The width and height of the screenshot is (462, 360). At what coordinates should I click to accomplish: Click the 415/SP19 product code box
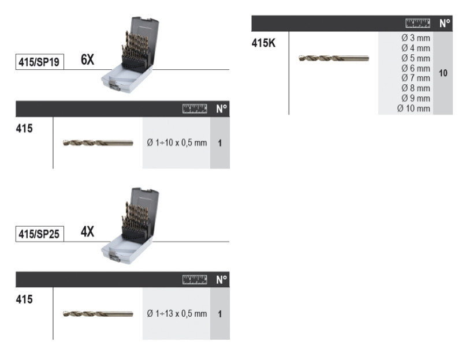(39, 62)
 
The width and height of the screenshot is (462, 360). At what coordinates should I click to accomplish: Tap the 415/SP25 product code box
(39, 234)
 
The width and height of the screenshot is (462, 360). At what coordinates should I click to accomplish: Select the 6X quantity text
(88, 60)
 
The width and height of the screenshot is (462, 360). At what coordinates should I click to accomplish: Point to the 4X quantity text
(88, 232)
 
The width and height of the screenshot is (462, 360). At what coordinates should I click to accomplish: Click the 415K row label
(263, 43)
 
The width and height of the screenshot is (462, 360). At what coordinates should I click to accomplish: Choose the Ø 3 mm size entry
(416, 38)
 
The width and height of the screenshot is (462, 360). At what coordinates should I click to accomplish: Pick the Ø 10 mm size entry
(413, 108)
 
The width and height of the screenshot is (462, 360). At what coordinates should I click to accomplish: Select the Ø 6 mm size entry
(416, 68)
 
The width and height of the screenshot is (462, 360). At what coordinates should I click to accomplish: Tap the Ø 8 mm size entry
(416, 88)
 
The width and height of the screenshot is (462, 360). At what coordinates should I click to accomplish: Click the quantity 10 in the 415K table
(443, 73)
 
